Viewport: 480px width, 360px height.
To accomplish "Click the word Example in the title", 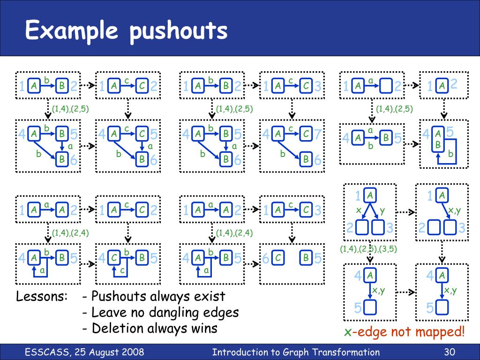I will pos(72,30).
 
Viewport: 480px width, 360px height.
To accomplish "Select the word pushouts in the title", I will pos(179,31).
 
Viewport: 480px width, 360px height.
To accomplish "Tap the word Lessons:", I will pos(42,297).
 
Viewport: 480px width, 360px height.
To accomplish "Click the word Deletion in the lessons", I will pos(117,328).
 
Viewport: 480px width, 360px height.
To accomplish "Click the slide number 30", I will pos(449,352).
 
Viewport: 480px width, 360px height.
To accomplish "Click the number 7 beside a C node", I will pos(317,135).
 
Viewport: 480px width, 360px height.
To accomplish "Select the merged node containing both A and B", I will pos(438,139).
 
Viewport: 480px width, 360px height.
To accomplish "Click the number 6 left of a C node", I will pos(266,258).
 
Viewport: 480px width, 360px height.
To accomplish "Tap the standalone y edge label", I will pos(382,211).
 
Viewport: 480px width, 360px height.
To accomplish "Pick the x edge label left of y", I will pos(359,211).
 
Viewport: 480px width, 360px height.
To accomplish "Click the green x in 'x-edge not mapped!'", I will pos(347,332).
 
